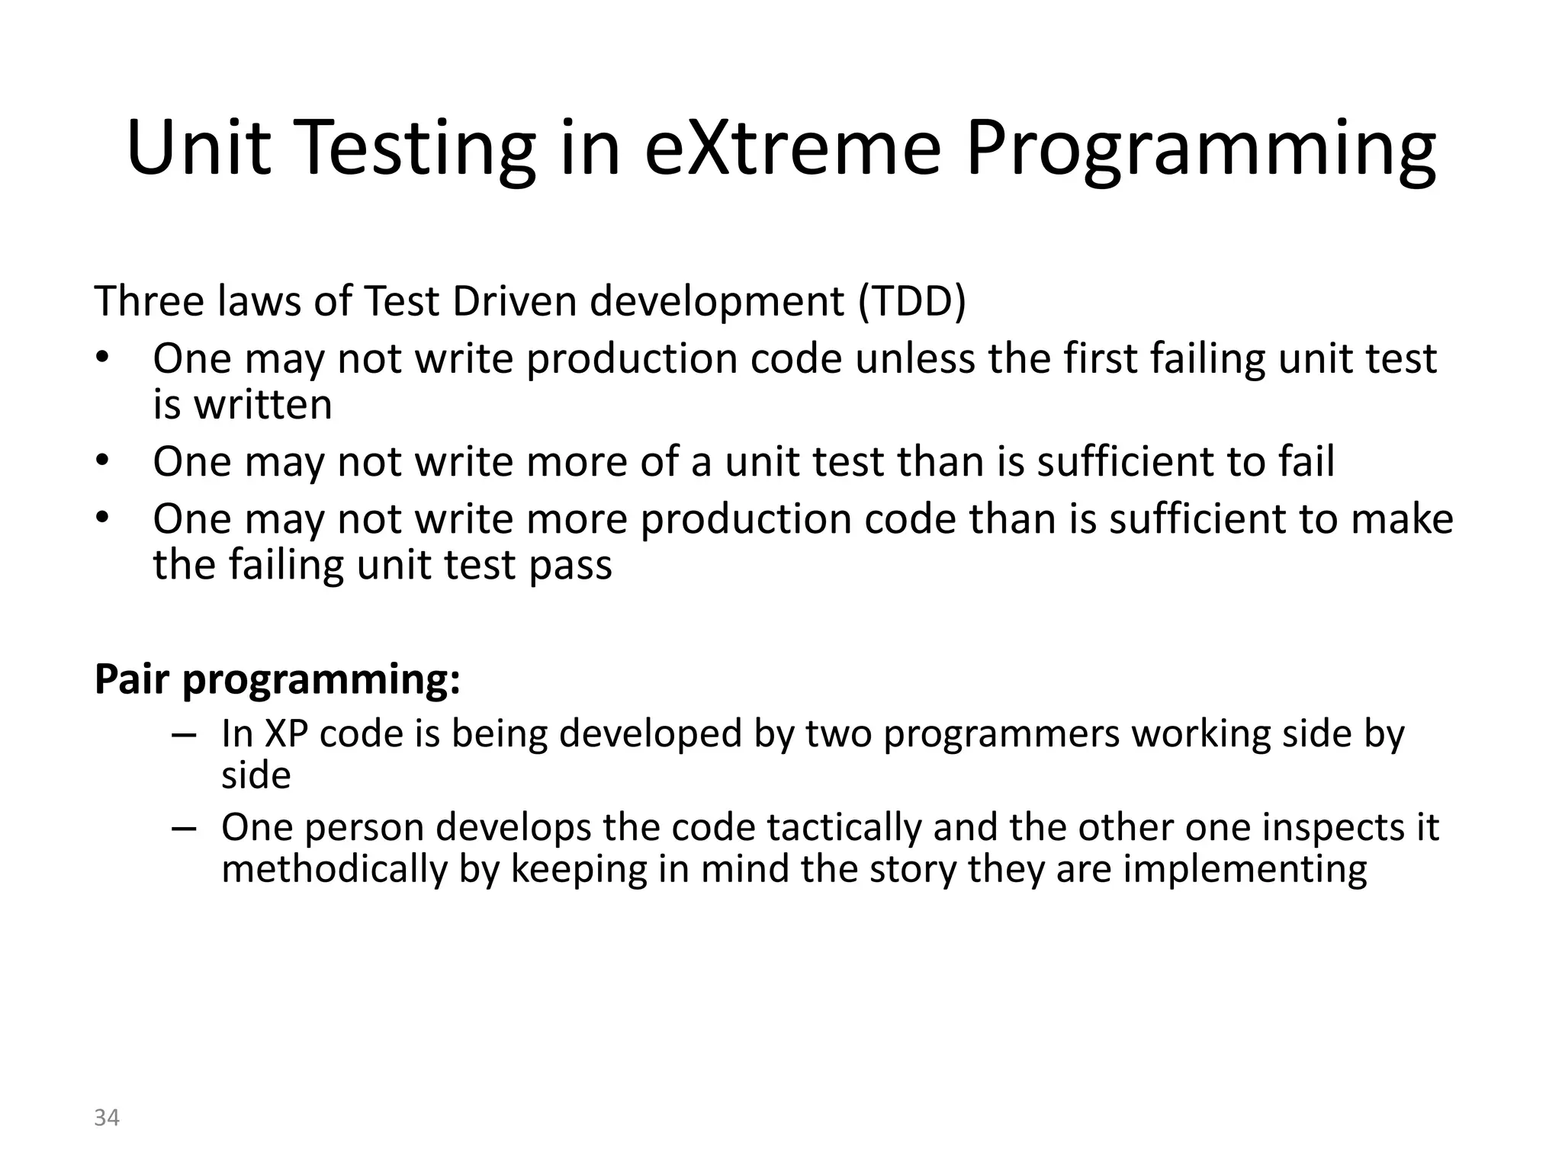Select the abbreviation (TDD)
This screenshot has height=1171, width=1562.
click(x=911, y=301)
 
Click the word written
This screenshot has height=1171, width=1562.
click(x=263, y=404)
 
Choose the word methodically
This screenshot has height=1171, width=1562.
click(x=334, y=869)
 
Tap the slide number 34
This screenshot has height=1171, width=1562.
click(x=107, y=1118)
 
